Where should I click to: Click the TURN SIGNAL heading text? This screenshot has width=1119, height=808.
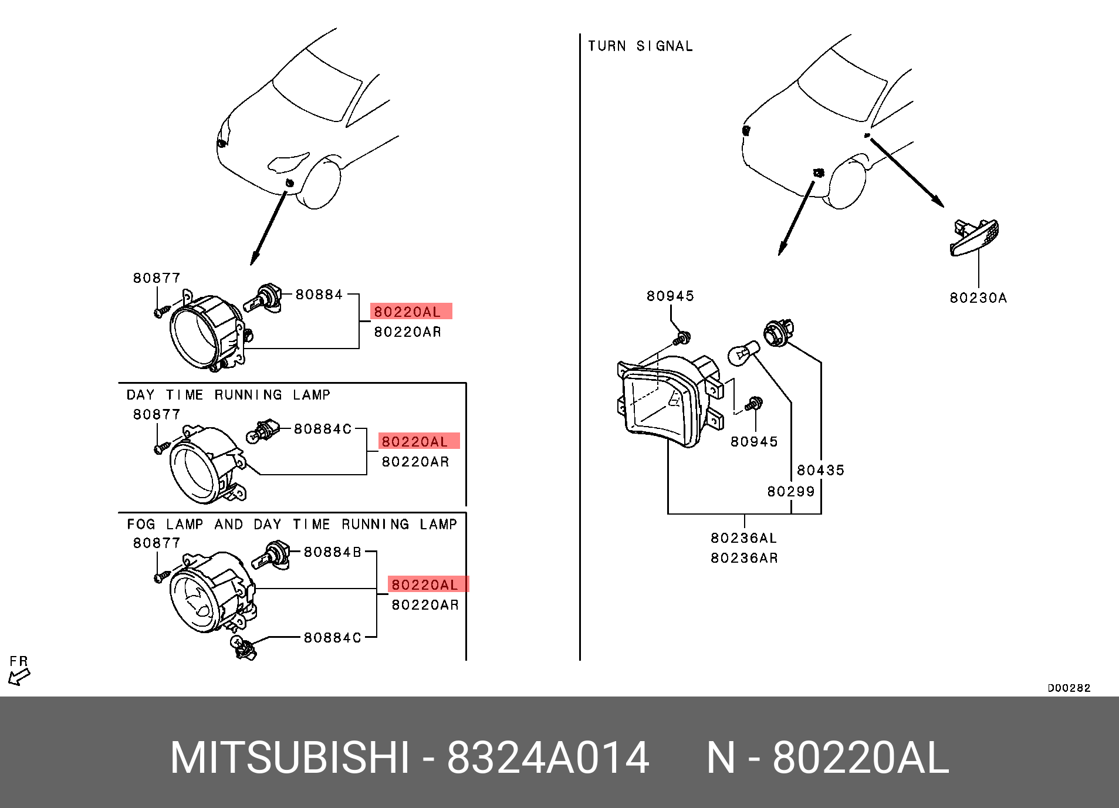(640, 46)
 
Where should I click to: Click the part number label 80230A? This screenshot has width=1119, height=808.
(978, 298)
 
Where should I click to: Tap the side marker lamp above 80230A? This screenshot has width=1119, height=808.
(974, 238)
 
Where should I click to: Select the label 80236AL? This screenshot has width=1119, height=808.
(743, 538)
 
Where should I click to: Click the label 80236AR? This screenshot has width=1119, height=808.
(744, 558)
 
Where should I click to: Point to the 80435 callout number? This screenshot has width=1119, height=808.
(820, 470)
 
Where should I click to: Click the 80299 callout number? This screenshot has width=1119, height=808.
(791, 492)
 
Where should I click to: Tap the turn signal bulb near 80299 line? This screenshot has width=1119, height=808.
(742, 354)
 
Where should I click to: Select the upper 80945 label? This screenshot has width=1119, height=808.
(670, 296)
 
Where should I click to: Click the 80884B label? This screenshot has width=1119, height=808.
(332, 552)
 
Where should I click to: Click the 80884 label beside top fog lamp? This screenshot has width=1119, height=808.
(319, 295)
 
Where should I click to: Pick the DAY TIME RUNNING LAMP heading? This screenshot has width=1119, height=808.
(228, 395)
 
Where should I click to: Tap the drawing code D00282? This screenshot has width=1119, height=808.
(1069, 688)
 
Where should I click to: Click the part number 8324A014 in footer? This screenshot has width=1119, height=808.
(547, 758)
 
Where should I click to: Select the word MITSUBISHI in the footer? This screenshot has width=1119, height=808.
(289, 758)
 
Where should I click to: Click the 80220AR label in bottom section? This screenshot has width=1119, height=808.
(425, 605)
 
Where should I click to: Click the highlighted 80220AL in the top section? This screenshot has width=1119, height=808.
(411, 312)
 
